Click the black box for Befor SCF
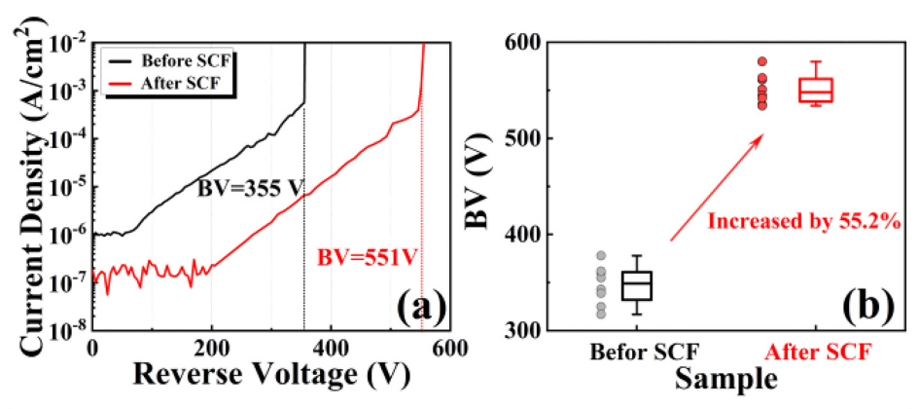(636, 285)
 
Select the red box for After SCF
(815, 91)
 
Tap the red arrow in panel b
(714, 189)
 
